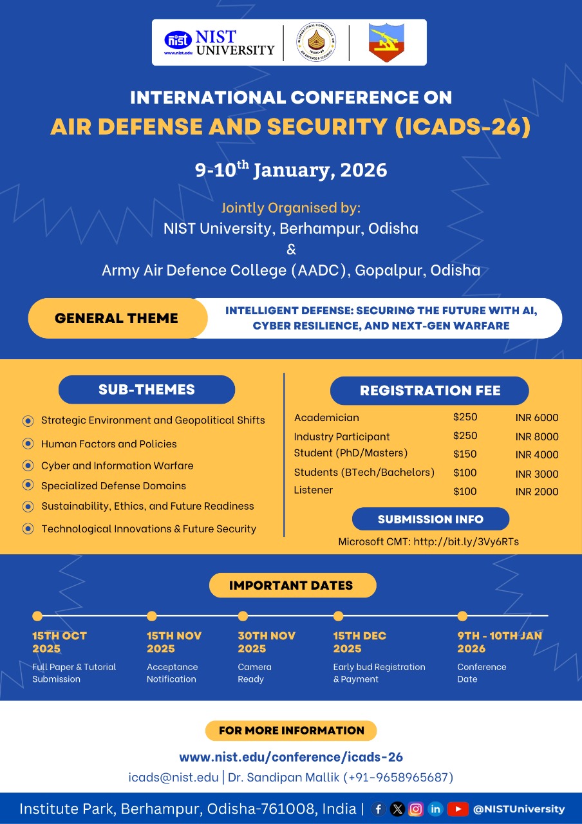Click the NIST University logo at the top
220,42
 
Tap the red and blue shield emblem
386,42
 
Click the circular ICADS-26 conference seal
315,42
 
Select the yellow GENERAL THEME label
117,318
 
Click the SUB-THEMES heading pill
147,389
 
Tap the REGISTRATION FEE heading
429,391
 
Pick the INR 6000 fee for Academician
537,418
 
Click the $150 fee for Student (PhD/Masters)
465,454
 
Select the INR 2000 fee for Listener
537,492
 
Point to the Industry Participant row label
342,436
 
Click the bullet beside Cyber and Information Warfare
28,465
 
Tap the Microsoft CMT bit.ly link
466,541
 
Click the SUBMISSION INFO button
430,519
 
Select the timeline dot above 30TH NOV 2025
243,616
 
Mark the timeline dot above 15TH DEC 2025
338,616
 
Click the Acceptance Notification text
172,673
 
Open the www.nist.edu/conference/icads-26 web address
291,757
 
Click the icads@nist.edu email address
173,777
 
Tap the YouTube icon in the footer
458,809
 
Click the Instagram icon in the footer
417,809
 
